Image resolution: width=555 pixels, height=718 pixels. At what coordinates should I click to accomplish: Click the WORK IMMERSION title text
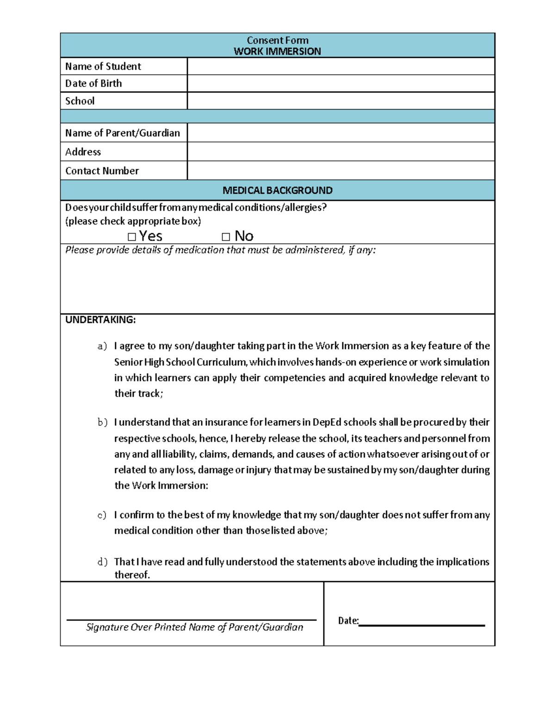tap(277, 51)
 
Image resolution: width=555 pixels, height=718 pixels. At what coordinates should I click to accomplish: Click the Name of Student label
tap(103, 66)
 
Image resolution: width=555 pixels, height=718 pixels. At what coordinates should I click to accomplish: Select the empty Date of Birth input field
tap(341, 83)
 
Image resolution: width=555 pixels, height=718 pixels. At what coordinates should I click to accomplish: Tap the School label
tap(80, 101)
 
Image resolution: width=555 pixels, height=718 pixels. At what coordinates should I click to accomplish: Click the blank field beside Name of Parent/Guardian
tap(341, 133)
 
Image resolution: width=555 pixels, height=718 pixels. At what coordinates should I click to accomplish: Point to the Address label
tap(83, 152)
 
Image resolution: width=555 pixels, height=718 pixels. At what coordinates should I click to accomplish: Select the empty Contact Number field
tap(341, 171)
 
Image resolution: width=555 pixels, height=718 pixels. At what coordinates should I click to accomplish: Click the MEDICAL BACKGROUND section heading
tap(277, 190)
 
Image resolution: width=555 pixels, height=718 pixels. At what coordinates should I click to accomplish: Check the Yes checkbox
tap(132, 237)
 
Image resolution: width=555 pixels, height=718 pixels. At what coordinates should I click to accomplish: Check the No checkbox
tap(226, 237)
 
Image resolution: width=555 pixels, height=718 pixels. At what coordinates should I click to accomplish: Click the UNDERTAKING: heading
tap(100, 319)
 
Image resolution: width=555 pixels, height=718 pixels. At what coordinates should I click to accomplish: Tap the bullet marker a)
tap(102, 346)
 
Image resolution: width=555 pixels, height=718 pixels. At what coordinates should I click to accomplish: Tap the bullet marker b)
tap(102, 422)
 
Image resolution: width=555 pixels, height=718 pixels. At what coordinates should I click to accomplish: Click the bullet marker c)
tap(102, 515)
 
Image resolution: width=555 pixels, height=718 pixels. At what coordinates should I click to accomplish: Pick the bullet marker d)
tap(102, 562)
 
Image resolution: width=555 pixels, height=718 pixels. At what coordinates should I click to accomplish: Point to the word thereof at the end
tap(132, 575)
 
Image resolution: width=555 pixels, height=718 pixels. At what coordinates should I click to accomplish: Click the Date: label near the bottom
tap(348, 620)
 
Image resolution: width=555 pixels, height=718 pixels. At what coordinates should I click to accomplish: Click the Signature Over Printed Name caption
tap(194, 627)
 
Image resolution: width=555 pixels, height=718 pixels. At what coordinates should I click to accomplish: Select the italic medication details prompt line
tap(220, 250)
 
